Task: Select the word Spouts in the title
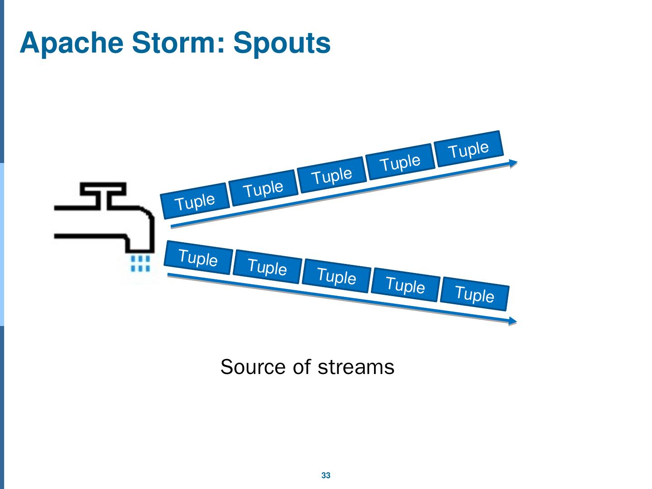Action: pos(282,43)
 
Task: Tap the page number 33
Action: pos(326,475)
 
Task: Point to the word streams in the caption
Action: pos(356,367)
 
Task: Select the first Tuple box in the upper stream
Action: pos(195,201)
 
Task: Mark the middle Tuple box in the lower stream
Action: pos(336,276)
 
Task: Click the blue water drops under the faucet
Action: pos(140,264)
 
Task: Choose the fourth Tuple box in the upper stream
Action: pos(400,162)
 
